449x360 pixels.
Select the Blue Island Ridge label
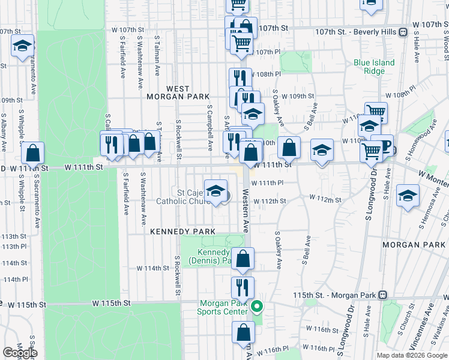point(374,67)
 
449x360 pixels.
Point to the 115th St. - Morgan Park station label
point(343,295)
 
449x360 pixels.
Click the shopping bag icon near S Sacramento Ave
point(32,153)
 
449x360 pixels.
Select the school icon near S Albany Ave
point(22,46)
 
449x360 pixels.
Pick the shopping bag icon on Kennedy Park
point(243,259)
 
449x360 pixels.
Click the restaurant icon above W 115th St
point(243,287)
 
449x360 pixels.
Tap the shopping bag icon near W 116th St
point(243,332)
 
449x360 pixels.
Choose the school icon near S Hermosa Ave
point(408,196)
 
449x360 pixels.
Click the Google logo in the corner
point(20,353)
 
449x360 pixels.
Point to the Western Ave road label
point(246,210)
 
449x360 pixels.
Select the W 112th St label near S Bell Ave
point(325,199)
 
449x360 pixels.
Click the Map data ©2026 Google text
point(412,355)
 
